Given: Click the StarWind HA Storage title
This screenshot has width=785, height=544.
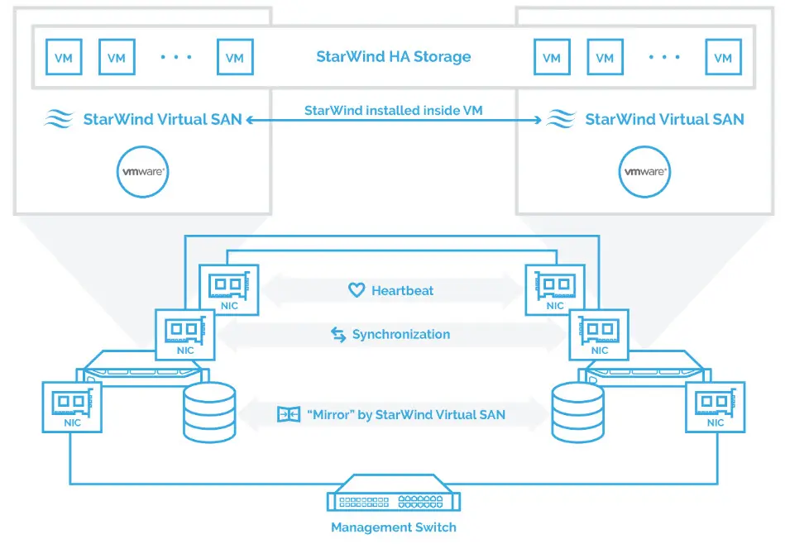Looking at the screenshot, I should tap(393, 57).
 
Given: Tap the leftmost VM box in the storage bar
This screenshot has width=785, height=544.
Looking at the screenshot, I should tap(63, 58).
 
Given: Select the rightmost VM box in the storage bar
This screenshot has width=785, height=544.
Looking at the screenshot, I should tap(723, 58).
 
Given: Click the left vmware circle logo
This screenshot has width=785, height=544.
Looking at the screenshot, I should tap(143, 171).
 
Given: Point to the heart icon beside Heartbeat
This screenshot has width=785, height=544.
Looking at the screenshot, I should tap(357, 290).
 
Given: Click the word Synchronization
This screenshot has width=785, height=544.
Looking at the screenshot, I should tap(401, 334).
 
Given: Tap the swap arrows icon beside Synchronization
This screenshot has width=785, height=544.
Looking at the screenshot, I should tap(338, 334).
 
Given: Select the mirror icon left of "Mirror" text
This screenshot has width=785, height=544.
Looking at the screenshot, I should tap(288, 414).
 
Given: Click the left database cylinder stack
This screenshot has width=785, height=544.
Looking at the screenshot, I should tap(208, 411).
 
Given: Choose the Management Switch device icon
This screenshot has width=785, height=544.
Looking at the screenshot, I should tap(393, 497).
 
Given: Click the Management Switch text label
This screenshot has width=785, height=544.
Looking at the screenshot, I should tap(393, 527).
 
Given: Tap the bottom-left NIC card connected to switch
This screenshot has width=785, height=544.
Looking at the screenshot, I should tap(72, 407).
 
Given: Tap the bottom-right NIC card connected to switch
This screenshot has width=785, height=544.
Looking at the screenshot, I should tap(716, 407).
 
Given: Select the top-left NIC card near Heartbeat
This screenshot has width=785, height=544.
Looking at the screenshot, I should tap(229, 289).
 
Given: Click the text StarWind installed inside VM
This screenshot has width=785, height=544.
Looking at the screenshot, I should tap(393, 110).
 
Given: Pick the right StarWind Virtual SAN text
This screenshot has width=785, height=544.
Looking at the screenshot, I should tap(664, 119).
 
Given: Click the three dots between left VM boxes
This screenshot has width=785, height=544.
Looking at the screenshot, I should tap(176, 57).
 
